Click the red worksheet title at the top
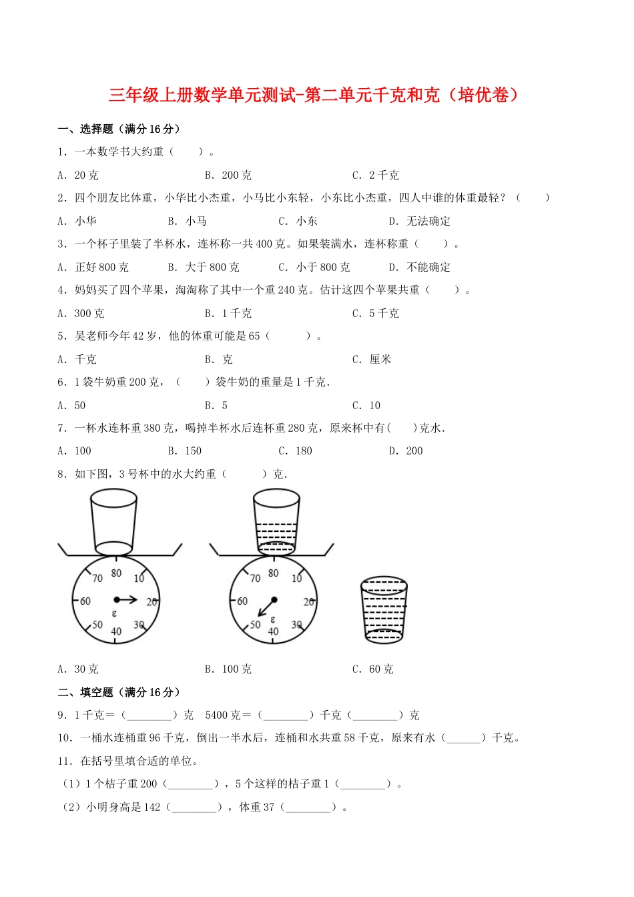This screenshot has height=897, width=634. pyautogui.click(x=314, y=95)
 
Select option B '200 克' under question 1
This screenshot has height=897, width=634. pyautogui.click(x=228, y=176)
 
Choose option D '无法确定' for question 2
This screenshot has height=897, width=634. pyautogui.click(x=420, y=222)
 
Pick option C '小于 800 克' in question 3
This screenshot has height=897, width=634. pyautogui.click(x=314, y=268)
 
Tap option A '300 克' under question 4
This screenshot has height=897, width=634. pyautogui.click(x=81, y=314)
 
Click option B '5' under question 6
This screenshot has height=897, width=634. pyautogui.click(x=216, y=406)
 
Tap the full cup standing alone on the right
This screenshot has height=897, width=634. pyautogui.click(x=384, y=610)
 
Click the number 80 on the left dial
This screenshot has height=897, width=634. pyautogui.click(x=116, y=573)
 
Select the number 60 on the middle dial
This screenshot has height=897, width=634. pyautogui.click(x=242, y=601)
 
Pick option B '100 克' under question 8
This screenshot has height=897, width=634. pyautogui.click(x=228, y=669)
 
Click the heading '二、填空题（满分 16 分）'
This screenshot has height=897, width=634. pyautogui.click(x=119, y=693)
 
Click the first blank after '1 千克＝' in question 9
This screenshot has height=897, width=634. pyautogui.click(x=149, y=715)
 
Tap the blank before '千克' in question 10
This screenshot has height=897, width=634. pyautogui.click(x=463, y=738)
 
